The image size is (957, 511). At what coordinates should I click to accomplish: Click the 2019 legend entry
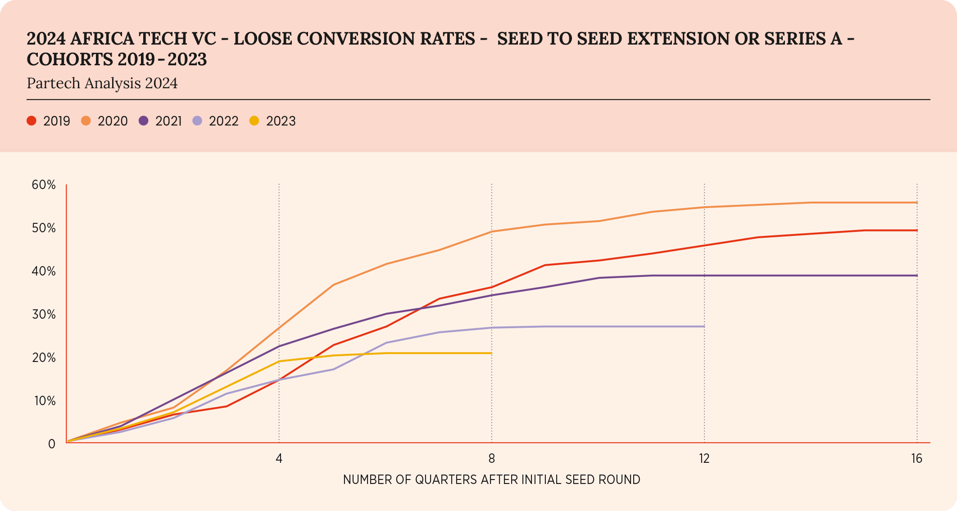[x=49, y=121]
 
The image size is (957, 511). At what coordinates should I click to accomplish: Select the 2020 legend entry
[x=104, y=121]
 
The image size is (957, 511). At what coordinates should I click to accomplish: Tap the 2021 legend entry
[x=160, y=121]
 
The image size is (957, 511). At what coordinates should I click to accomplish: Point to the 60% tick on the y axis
[x=44, y=185]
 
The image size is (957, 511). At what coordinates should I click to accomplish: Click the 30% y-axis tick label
[x=44, y=314]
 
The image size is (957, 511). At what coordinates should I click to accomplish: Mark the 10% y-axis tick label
[x=45, y=401]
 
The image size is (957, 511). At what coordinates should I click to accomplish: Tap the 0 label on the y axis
[x=52, y=444]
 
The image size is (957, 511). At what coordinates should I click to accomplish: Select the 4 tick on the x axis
[x=279, y=459]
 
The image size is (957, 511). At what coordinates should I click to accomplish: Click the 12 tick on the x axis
[x=704, y=459]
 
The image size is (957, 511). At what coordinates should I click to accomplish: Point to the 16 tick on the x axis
[x=916, y=459]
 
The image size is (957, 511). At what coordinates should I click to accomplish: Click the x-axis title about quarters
[x=491, y=480]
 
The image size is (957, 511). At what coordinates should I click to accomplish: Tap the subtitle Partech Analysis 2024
[x=102, y=83]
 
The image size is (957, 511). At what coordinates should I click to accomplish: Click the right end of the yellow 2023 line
[x=491, y=353]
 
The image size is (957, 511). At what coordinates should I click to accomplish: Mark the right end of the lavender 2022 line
[x=704, y=326]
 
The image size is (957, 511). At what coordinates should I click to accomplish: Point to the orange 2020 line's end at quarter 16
[x=916, y=203]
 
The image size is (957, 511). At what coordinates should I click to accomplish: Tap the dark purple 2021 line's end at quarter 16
[x=916, y=276]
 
